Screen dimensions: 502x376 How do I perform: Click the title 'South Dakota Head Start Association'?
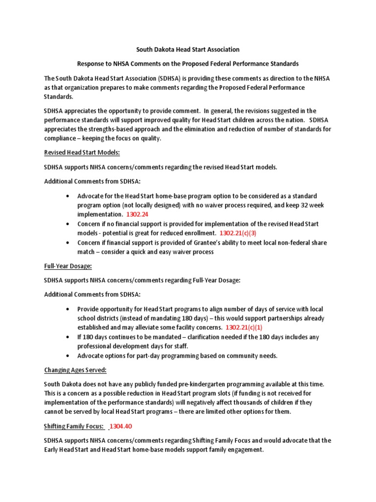click(188, 50)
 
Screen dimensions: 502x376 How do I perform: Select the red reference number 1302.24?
click(138, 215)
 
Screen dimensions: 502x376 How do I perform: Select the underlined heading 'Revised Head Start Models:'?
click(82, 153)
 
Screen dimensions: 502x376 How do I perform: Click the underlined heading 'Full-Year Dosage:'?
click(68, 266)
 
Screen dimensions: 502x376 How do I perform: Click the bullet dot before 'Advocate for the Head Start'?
click(67, 196)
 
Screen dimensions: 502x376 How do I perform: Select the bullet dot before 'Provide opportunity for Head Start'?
click(67, 309)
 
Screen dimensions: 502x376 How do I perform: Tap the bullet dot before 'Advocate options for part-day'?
click(67, 356)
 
